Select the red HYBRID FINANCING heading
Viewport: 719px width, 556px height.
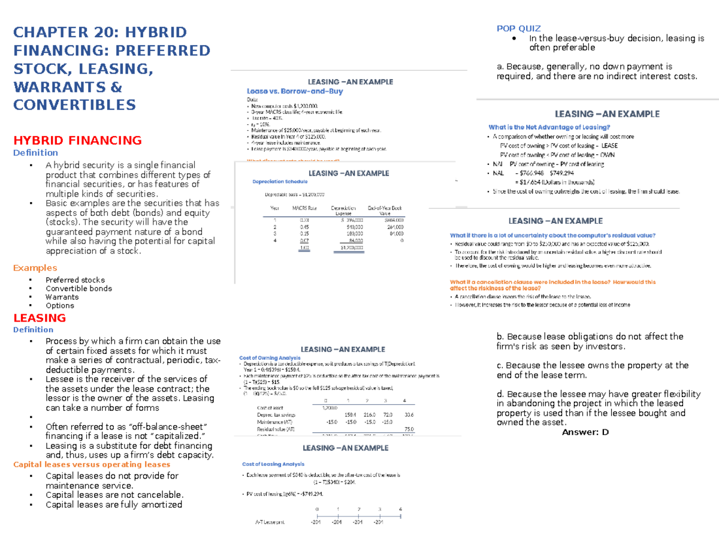click(x=77, y=140)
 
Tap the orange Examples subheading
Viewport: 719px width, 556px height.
click(x=35, y=268)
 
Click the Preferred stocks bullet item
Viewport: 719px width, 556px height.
click(x=75, y=280)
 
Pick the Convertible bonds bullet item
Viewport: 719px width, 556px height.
click(x=78, y=288)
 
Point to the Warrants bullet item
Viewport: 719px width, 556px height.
click(x=62, y=297)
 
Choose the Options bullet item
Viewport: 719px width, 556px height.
click(x=60, y=305)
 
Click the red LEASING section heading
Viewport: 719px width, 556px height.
click(x=40, y=318)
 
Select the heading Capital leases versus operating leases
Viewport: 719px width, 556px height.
click(x=92, y=464)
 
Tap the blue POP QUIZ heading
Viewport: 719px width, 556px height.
click(x=519, y=28)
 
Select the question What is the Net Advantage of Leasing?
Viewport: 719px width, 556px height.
click(x=549, y=127)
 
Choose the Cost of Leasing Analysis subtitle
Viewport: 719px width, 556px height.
click(x=273, y=464)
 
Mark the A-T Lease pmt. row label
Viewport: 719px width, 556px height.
click(x=268, y=522)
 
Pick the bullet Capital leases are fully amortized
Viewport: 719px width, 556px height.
click(x=114, y=504)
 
